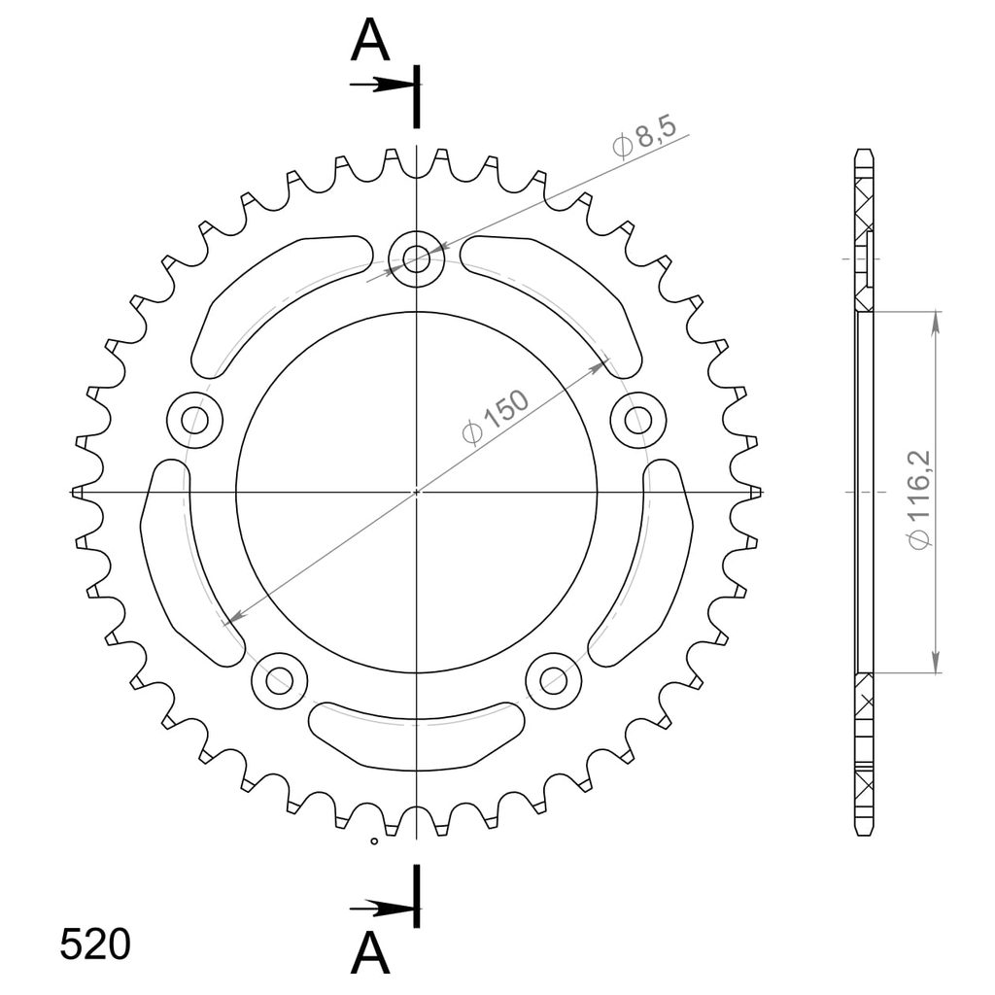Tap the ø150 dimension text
click(x=496, y=418)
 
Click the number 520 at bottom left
click(x=95, y=944)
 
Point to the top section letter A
click(x=370, y=40)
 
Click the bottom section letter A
click(x=370, y=954)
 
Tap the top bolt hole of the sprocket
click(x=416, y=258)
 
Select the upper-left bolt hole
click(x=194, y=420)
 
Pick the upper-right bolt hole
click(x=637, y=420)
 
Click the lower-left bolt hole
click(x=279, y=680)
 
